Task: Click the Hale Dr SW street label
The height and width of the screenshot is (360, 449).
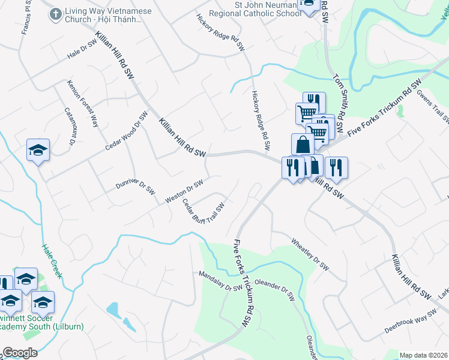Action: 82,49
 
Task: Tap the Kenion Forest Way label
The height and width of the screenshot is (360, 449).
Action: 83,103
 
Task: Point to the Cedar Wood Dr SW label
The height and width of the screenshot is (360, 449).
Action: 126,132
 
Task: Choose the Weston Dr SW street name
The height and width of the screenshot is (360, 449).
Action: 184,190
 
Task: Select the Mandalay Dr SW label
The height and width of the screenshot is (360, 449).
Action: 221,280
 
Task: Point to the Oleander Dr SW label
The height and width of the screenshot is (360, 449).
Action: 275,289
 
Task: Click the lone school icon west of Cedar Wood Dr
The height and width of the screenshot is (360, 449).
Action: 38,151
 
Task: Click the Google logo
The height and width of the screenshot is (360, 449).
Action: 19,353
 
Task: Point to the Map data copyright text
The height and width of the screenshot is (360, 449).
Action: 423,355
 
